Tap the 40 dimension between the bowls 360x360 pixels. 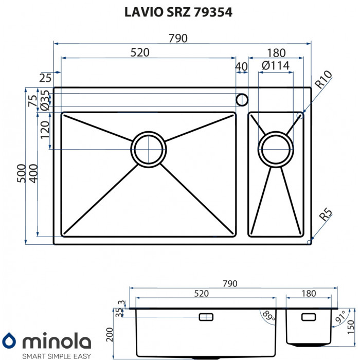[x=241, y=66]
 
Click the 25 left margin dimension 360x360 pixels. [x=45, y=78]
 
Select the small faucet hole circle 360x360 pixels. [x=241, y=99]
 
